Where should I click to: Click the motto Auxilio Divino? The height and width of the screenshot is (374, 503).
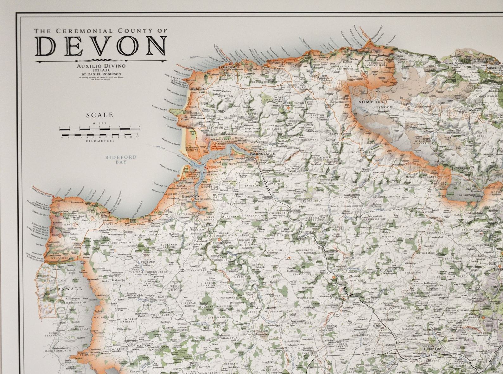tap(101, 66)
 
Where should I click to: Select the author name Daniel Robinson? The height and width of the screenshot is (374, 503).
tap(105, 74)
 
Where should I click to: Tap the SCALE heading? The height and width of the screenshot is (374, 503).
tap(99, 115)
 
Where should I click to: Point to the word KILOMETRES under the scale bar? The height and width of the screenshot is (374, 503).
tap(99, 141)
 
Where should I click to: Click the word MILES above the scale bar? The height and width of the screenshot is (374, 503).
tap(99, 123)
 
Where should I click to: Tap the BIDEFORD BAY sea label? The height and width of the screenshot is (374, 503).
tap(121, 159)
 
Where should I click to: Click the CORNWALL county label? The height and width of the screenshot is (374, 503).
tap(61, 289)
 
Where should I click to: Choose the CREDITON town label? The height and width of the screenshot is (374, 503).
tap(432, 349)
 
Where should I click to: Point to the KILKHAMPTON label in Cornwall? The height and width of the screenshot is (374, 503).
tap(76, 303)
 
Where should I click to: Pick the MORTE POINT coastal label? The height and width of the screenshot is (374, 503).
tap(172, 78)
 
